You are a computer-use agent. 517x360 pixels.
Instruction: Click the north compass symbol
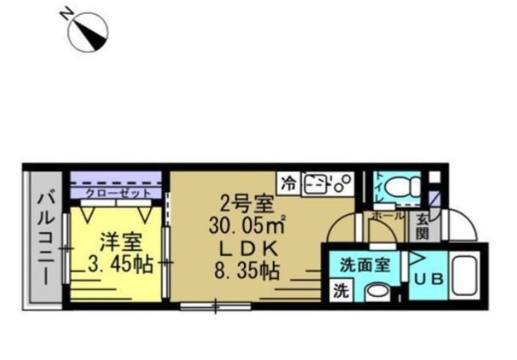pos(89,33)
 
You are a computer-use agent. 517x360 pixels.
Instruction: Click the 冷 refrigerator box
pos(289,181)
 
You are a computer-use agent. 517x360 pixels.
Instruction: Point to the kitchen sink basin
pos(317,182)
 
